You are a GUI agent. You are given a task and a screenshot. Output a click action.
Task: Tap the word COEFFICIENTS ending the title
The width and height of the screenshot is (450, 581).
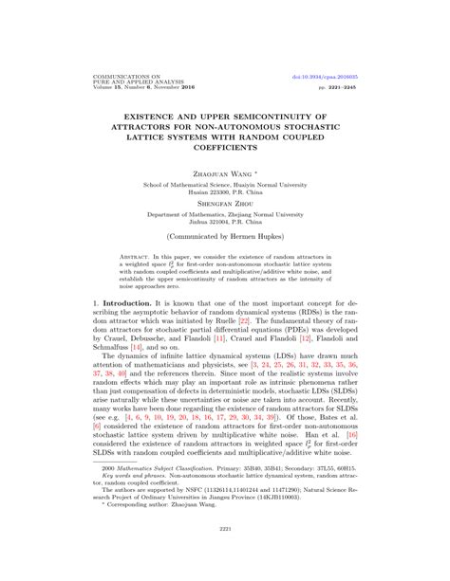point(224,145)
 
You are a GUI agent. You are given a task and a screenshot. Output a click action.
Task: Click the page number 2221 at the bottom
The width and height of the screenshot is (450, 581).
point(225,554)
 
